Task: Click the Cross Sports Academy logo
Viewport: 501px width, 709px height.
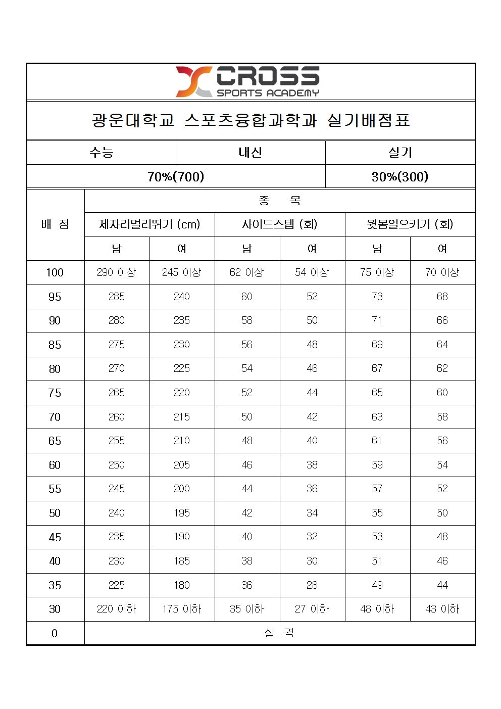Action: [x=247, y=81]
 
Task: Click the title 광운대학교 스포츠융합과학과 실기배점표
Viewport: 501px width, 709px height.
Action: [x=250, y=120]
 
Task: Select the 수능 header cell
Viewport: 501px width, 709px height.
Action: [x=102, y=152]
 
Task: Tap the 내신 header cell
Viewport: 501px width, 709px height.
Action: [x=250, y=152]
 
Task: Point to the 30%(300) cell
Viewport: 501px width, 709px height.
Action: [x=400, y=176]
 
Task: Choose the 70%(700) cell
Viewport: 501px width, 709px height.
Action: [x=176, y=176]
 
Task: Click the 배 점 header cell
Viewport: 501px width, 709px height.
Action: [x=55, y=224]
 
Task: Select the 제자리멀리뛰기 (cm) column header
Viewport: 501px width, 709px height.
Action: [x=149, y=224]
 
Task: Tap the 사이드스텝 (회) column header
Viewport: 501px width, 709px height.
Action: [x=280, y=224]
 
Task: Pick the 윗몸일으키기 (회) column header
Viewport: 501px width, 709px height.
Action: [x=410, y=224]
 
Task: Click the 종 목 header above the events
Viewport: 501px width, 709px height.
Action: [x=280, y=201]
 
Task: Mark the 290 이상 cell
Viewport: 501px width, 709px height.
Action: [x=117, y=272]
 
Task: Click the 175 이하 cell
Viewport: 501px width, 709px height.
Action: [x=182, y=609]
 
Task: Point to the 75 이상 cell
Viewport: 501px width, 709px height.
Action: [x=377, y=272]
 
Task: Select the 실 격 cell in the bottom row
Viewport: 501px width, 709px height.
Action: [x=280, y=633]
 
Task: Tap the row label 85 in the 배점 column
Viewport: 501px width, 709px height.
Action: [x=55, y=345]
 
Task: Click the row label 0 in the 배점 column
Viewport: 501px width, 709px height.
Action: [x=55, y=633]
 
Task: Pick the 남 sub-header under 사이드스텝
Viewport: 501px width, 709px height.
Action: [x=247, y=249]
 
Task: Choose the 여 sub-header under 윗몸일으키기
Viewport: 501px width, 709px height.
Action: [x=442, y=249]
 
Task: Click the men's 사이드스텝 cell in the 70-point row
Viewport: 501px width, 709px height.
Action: [x=247, y=417]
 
